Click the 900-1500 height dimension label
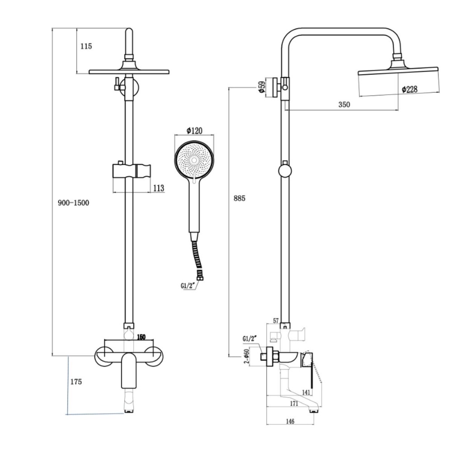tap(74, 203)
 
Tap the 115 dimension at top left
tap(86, 46)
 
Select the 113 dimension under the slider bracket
tap(159, 188)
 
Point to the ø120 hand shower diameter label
tap(194, 131)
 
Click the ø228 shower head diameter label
tap(410, 89)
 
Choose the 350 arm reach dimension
tap(344, 104)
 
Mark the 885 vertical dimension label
tap(239, 198)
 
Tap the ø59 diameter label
tap(261, 87)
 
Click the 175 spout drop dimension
tap(76, 382)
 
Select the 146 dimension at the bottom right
tap(290, 421)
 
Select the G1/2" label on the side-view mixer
tap(250, 339)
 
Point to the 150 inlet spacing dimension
tap(141, 337)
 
